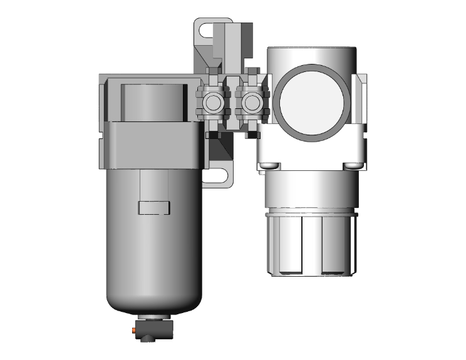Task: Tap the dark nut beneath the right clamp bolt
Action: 252,135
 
